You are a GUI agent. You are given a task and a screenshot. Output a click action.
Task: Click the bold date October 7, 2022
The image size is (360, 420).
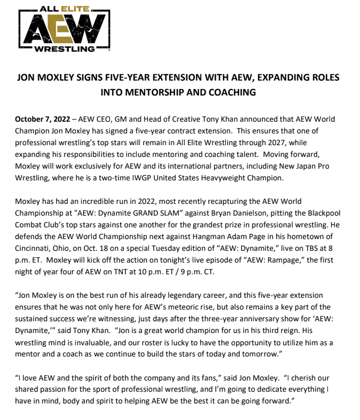pos(41,119)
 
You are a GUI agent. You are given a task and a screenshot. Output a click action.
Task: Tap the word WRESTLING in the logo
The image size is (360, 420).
pos(64,50)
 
